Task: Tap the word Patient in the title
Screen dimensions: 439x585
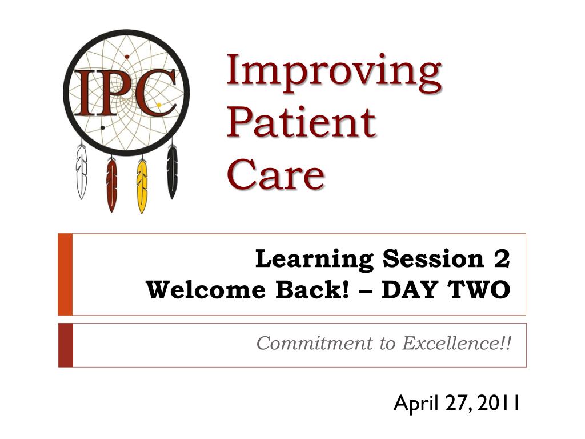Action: tap(301, 122)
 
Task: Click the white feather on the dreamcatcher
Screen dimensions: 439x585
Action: tap(82, 172)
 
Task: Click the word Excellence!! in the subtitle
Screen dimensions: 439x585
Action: tap(456, 344)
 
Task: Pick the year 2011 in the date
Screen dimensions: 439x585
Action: tap(499, 404)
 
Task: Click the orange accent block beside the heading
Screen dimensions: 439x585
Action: tap(65, 274)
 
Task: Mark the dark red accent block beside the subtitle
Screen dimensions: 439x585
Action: tap(65, 345)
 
